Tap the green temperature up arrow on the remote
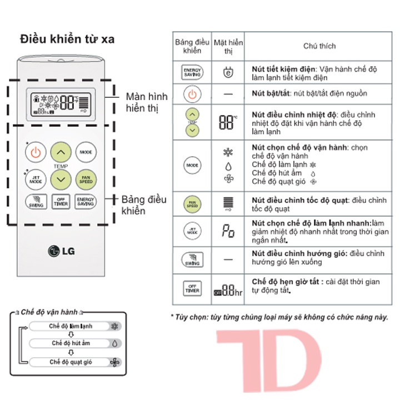coord(61,152)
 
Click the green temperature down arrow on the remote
coord(61,179)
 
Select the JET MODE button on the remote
coord(36,179)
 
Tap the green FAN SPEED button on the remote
coord(86,179)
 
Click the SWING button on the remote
coord(36,202)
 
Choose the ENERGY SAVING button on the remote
coord(86,202)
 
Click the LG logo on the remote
coord(61,251)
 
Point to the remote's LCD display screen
coord(61,103)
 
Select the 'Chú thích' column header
coord(319,46)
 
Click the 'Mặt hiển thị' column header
coord(228,46)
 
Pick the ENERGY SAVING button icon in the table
coord(192,71)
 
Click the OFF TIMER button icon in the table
coord(192,288)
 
